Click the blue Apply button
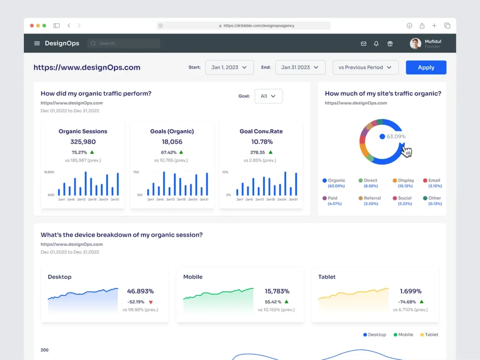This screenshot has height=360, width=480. pyautogui.click(x=426, y=67)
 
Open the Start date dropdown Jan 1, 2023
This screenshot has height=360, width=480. pyautogui.click(x=229, y=67)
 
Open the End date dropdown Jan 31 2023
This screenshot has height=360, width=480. pyautogui.click(x=300, y=67)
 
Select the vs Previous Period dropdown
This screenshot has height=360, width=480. pyautogui.click(x=365, y=67)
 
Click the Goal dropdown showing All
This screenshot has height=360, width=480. pyautogui.click(x=268, y=96)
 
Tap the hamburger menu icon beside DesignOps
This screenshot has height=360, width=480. pyautogui.click(x=37, y=44)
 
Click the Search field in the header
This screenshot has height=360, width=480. pyautogui.click(x=124, y=44)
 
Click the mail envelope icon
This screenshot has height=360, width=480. pyautogui.click(x=363, y=44)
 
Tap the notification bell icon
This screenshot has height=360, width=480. pyautogui.click(x=376, y=44)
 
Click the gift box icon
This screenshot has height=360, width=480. pyautogui.click(x=390, y=44)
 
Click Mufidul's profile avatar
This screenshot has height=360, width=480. pyautogui.click(x=415, y=44)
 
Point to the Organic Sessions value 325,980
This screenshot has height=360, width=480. pyautogui.click(x=83, y=142)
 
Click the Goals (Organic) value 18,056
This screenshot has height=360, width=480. pyautogui.click(x=172, y=142)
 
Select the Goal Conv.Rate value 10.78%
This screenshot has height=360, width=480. pyautogui.click(x=261, y=142)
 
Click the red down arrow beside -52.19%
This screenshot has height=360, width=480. pyautogui.click(x=150, y=302)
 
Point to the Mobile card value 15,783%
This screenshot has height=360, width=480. pyautogui.click(x=277, y=291)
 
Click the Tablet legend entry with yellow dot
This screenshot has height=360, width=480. pyautogui.click(x=429, y=335)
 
